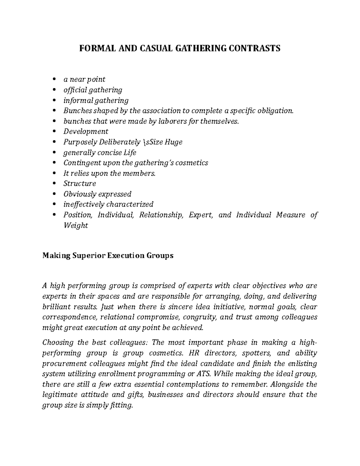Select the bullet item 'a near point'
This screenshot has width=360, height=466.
pos(84,80)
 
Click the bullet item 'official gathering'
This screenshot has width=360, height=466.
pos(93,90)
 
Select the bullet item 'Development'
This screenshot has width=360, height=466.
pos(86,131)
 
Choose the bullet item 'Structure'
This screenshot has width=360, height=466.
pos(79,183)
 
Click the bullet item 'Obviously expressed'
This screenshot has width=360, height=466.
pos(97,194)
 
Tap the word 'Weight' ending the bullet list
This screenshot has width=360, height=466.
pos(76,225)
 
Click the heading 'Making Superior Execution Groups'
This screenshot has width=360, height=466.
pos(108,256)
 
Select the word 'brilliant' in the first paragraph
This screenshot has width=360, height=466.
pos(56,307)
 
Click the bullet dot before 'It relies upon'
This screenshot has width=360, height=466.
pos(54,173)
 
